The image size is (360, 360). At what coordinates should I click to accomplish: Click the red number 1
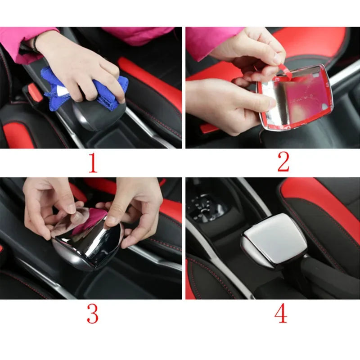(x=92, y=163)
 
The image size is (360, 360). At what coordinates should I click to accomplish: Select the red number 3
(x=92, y=314)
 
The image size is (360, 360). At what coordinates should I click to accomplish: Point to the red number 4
(x=281, y=314)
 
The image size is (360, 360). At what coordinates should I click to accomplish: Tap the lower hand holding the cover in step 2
(x=225, y=106)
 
